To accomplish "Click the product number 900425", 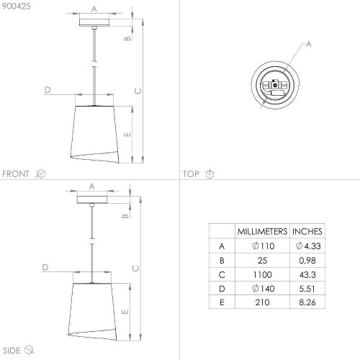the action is [x=17, y=6].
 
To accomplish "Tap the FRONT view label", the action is [x=16, y=174].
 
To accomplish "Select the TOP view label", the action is [x=191, y=174].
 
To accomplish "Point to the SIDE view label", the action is [x=12, y=351].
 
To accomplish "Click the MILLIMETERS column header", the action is [x=262, y=231].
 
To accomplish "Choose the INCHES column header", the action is [x=307, y=231].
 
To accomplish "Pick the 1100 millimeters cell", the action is [x=262, y=274].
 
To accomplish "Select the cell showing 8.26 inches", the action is [x=307, y=302].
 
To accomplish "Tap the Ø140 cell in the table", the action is [x=264, y=289].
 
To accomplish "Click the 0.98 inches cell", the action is [x=307, y=261].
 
